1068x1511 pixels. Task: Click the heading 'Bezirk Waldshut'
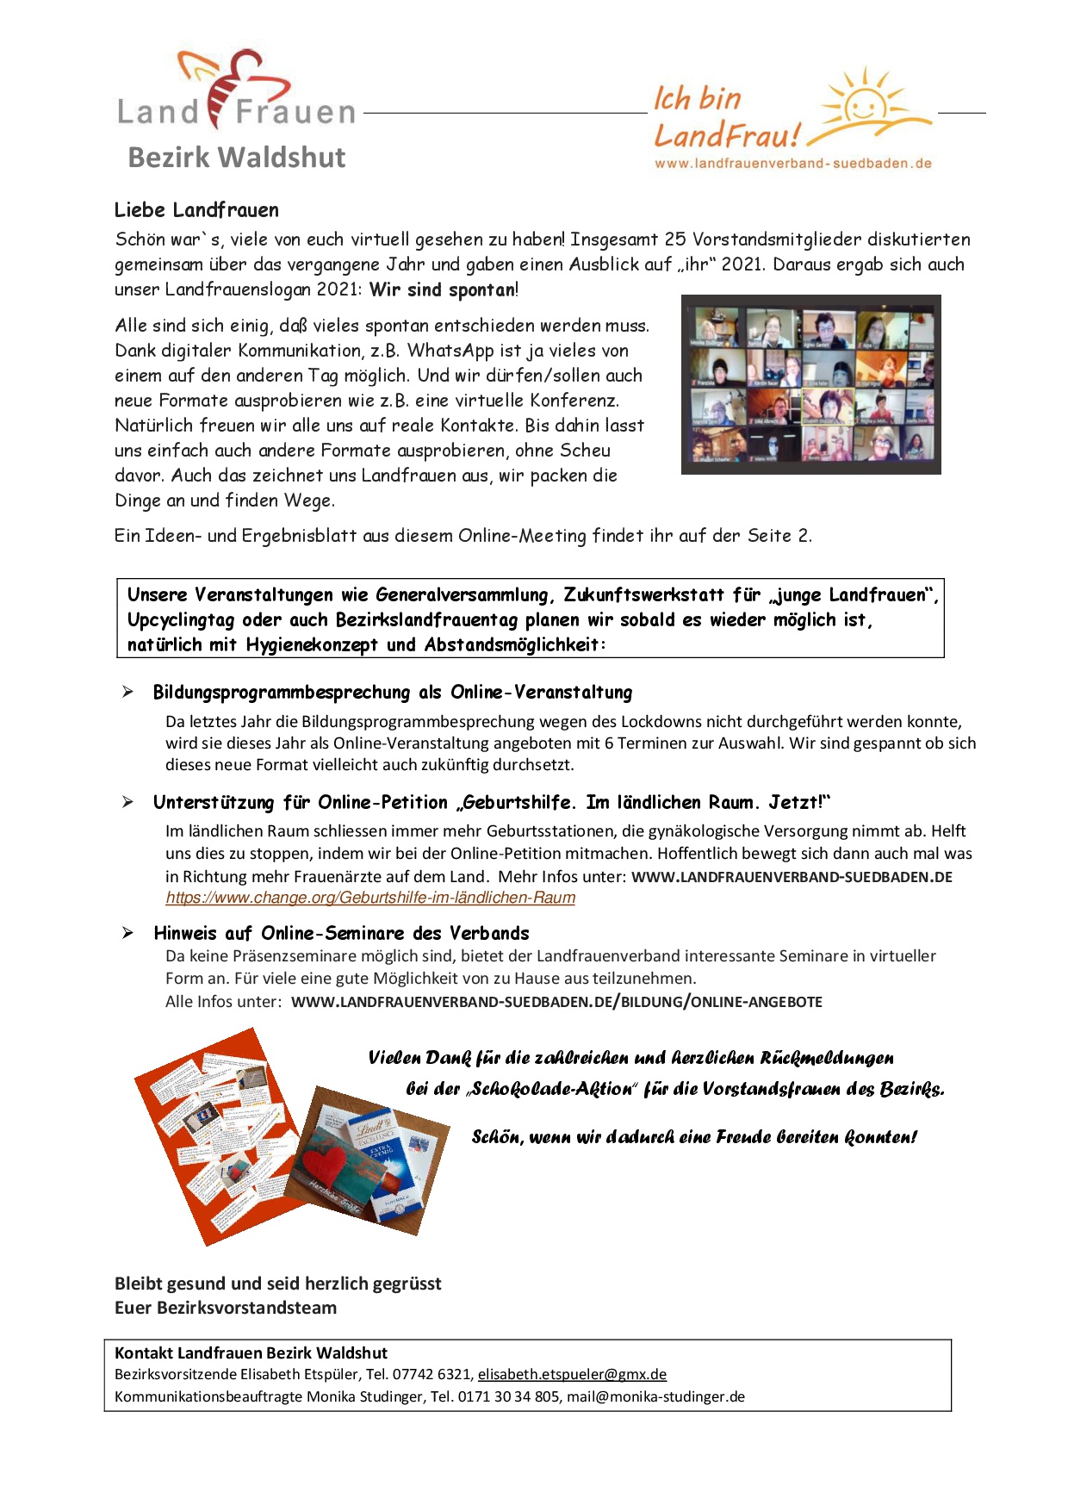tap(236, 158)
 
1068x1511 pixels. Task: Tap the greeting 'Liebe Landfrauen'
tap(196, 210)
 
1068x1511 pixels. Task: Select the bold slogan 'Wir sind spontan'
tap(443, 289)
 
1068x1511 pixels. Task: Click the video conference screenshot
tap(810, 384)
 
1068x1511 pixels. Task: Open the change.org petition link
tap(370, 898)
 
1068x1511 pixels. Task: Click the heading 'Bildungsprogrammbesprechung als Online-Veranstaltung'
tap(392, 692)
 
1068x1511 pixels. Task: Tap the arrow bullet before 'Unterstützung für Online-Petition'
tap(127, 802)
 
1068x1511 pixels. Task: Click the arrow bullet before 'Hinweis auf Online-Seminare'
tap(127, 933)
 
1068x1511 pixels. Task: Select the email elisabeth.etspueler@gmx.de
tap(572, 1374)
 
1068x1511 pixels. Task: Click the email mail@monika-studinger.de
tap(655, 1396)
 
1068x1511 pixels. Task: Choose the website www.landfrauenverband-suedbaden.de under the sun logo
tap(792, 163)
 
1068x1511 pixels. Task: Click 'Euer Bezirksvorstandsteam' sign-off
tap(226, 1308)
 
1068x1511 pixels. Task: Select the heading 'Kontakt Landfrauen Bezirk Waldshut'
tap(251, 1352)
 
